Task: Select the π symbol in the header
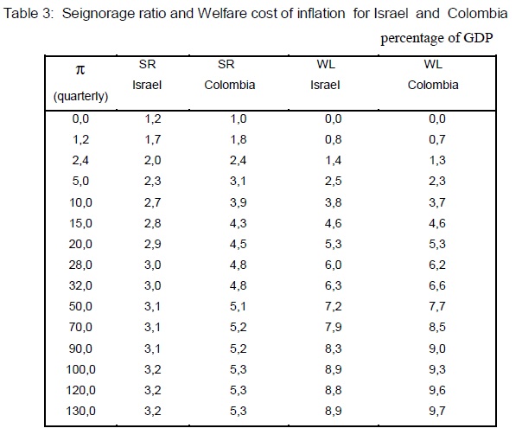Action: [80, 70]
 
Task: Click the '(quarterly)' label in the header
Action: [80, 96]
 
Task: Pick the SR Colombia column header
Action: [232, 75]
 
